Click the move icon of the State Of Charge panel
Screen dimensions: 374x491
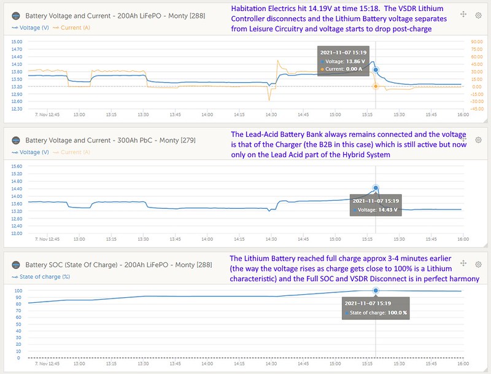point(462,265)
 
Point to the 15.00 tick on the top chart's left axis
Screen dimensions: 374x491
point(17,42)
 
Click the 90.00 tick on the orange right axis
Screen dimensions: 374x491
point(476,42)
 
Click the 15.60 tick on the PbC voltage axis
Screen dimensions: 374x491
point(17,166)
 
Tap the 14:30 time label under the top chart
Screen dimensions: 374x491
point(272,114)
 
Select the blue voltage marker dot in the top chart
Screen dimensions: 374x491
point(376,70)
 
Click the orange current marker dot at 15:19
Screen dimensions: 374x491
point(376,87)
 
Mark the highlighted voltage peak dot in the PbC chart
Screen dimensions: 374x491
point(376,188)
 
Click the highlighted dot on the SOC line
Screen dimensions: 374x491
point(376,290)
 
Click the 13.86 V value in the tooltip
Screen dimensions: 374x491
point(354,61)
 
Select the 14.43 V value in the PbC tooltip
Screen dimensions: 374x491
point(387,210)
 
